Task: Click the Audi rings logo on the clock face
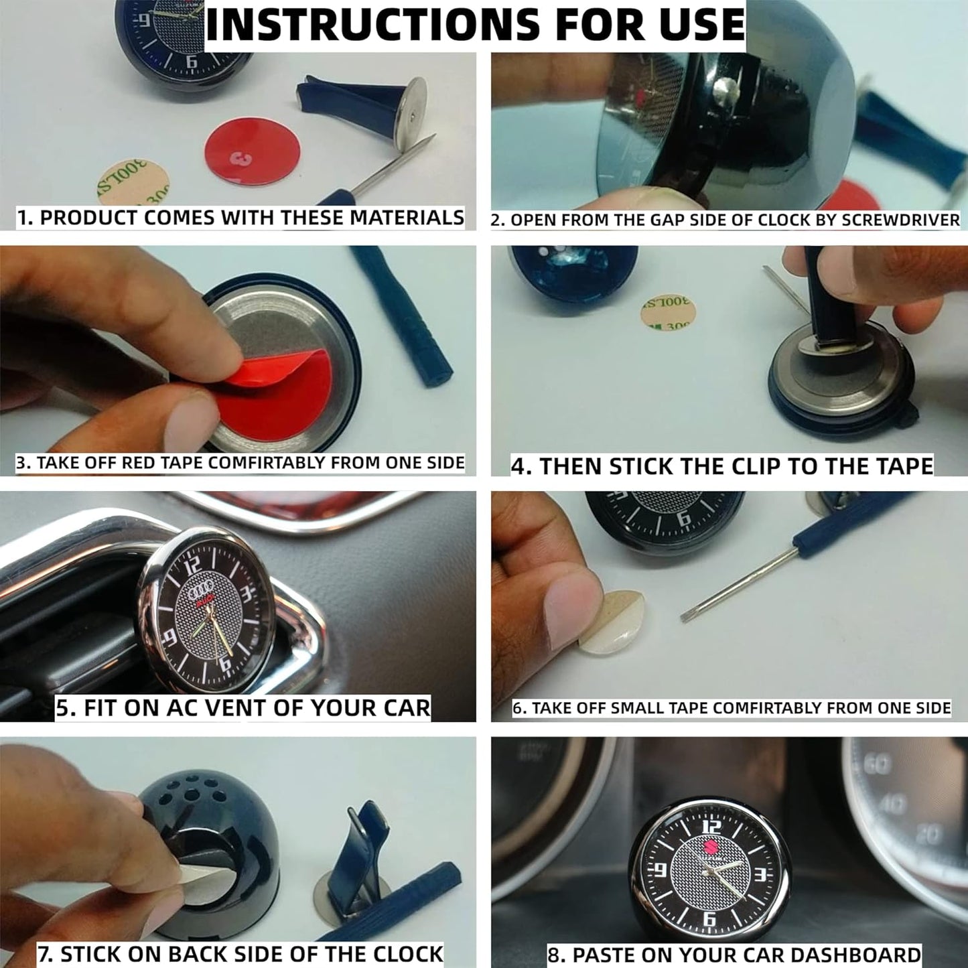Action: coord(200,594)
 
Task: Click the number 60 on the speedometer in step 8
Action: coord(877,766)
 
